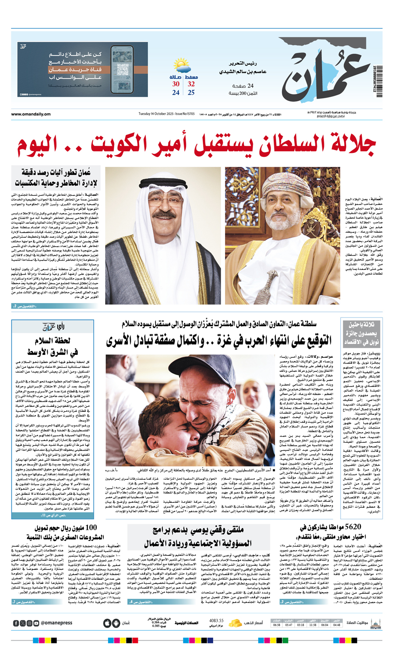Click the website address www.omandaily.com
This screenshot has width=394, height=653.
(x=31, y=114)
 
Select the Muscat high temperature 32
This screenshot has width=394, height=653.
(x=191, y=84)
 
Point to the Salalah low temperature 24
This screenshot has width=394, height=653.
(x=176, y=92)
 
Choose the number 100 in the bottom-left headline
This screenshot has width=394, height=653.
(x=90, y=527)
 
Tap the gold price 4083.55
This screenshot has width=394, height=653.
(x=216, y=621)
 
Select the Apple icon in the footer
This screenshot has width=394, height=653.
(x=107, y=623)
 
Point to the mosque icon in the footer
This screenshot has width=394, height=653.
(x=375, y=623)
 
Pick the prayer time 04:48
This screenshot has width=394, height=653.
(x=336, y=625)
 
